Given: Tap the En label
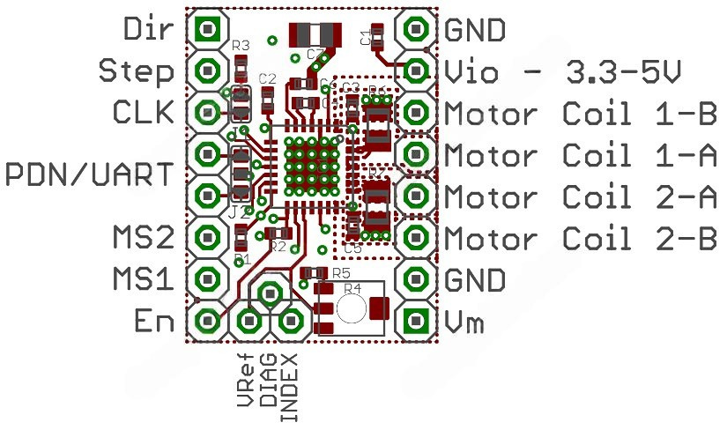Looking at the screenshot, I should [154, 321].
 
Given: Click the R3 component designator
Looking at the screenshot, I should [241, 45].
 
